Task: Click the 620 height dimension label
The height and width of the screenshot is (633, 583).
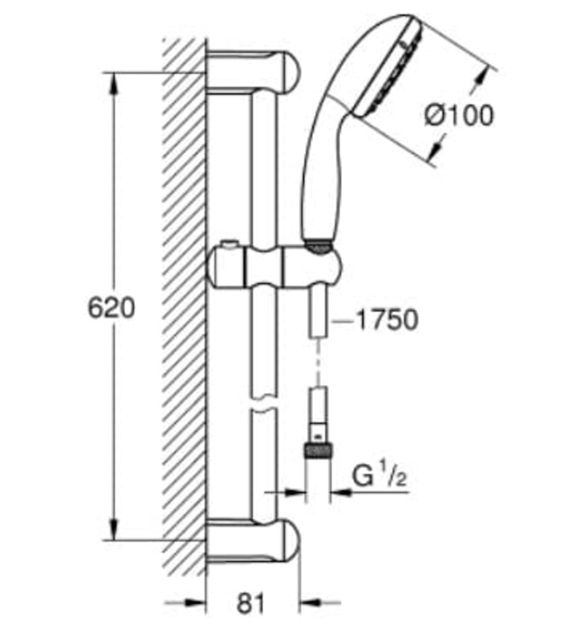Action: (111, 308)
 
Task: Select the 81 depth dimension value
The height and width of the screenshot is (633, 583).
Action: (251, 603)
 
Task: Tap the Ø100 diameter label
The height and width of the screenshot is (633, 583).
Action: (459, 115)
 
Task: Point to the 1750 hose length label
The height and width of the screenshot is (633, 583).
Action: (388, 320)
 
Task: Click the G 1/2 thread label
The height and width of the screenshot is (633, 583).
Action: (380, 477)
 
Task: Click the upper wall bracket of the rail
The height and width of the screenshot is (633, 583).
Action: (253, 72)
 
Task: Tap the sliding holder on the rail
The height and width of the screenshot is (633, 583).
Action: (275, 267)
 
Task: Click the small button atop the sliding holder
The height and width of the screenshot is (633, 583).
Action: (228, 244)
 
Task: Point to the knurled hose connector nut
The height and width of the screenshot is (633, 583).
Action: (318, 450)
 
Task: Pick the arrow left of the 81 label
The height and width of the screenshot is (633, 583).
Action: (185, 603)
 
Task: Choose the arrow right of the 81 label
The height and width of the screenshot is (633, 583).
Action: (320, 603)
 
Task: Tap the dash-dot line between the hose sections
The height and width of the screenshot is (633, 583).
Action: (319, 362)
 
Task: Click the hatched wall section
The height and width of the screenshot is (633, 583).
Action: (184, 307)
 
